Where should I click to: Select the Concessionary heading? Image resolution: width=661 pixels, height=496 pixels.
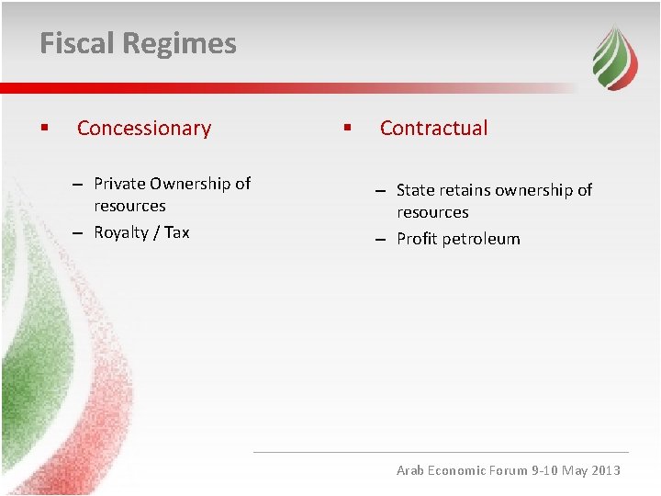(144, 129)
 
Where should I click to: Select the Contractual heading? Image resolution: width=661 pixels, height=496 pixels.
(433, 129)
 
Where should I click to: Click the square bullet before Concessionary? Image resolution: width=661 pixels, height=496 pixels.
(43, 129)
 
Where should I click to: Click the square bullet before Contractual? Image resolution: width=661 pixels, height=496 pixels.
(346, 129)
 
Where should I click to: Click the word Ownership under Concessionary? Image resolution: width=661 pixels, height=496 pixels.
(190, 184)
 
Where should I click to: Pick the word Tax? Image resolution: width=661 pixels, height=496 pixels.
(177, 232)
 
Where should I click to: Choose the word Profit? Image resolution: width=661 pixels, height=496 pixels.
(418, 239)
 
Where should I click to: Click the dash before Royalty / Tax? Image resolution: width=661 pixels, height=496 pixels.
(80, 232)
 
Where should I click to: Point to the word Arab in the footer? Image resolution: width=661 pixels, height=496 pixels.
(411, 470)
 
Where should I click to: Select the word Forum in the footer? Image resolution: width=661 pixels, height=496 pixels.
(508, 470)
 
